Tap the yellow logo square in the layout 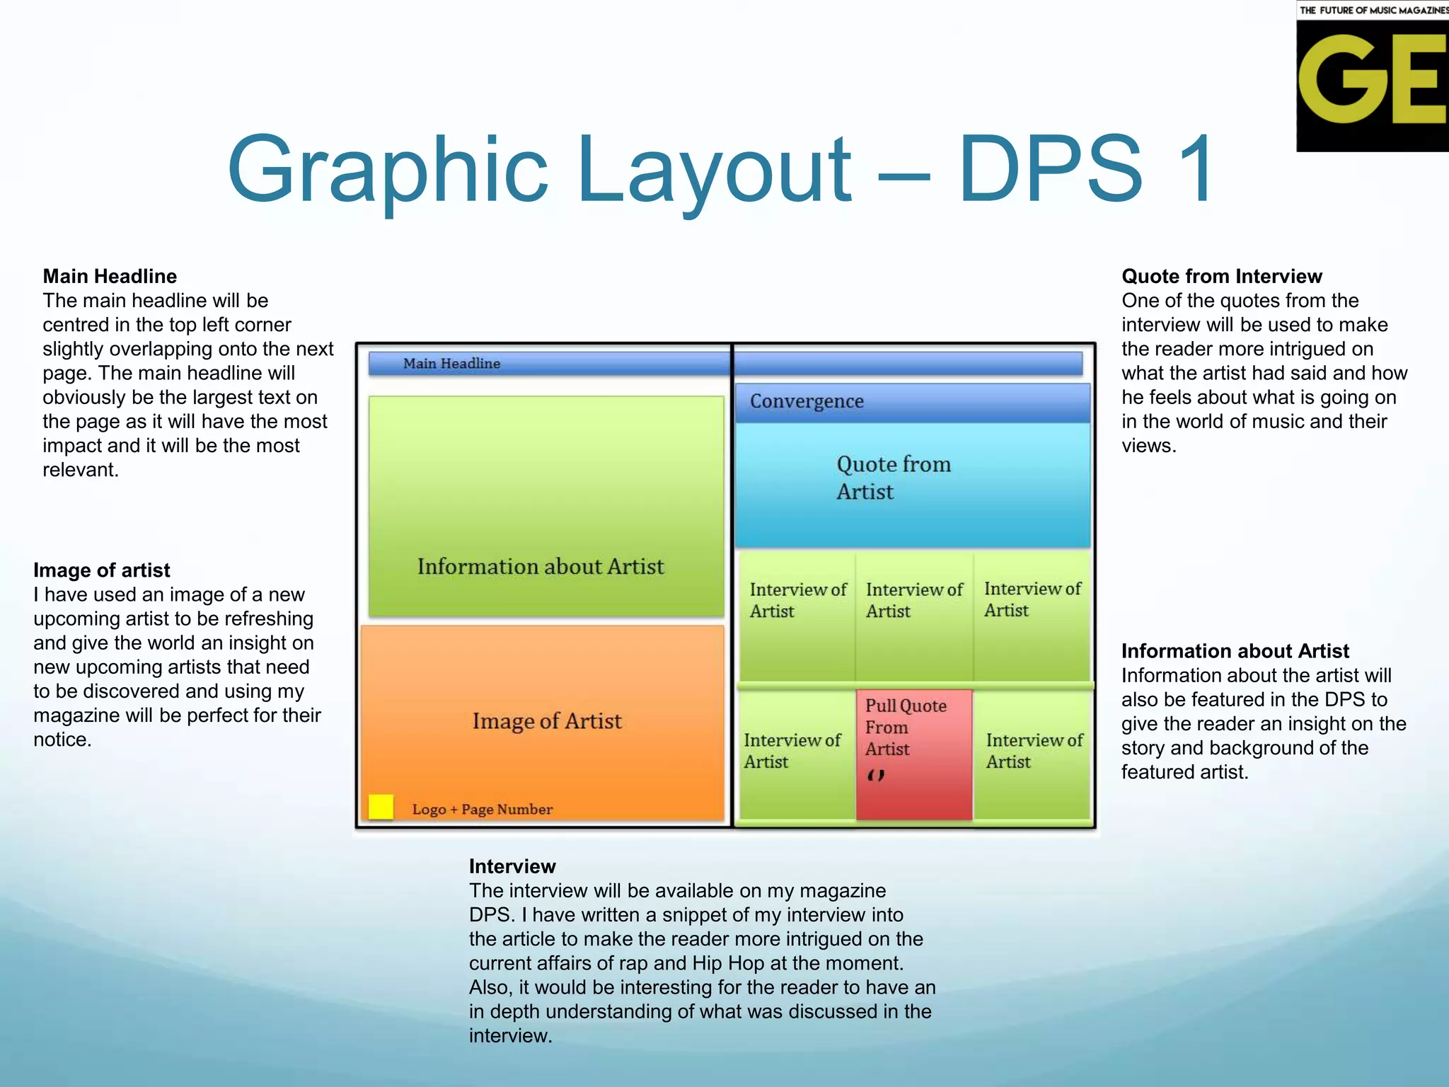pos(381,807)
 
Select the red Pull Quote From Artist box pos(913,754)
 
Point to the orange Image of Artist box pos(543,722)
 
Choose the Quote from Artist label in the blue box pos(893,478)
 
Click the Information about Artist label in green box pos(541,567)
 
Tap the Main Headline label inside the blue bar pos(451,364)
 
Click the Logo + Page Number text pos(482,810)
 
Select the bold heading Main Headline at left pos(110,276)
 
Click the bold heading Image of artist pos(102,570)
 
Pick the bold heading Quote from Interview pos(1221,276)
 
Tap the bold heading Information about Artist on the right pos(1235,651)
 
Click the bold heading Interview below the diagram pos(512,866)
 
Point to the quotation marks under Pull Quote pos(876,776)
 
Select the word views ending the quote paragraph pos(1148,446)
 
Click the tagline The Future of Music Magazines pos(1373,10)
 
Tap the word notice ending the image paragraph pos(62,740)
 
